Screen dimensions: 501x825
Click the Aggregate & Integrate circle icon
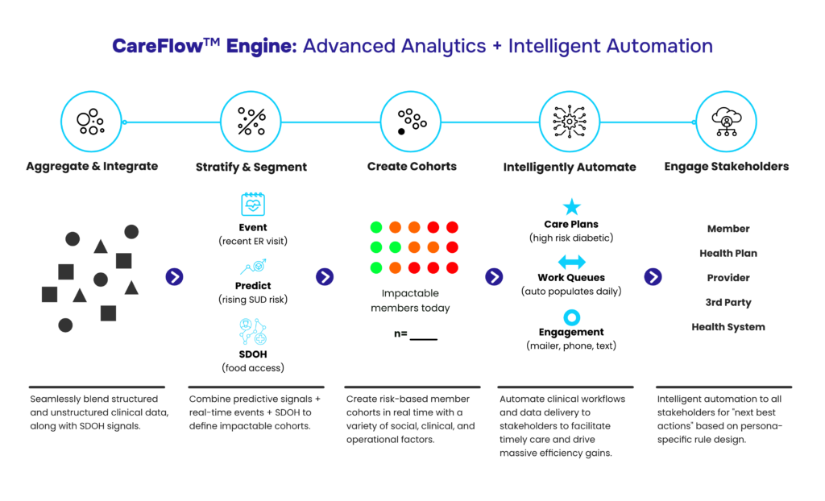click(91, 122)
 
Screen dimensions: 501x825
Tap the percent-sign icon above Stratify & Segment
click(251, 122)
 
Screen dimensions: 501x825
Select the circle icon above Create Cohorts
click(411, 122)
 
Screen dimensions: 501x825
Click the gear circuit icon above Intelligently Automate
click(570, 122)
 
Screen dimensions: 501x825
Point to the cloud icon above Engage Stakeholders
click(726, 122)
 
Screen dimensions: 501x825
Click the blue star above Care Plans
click(571, 207)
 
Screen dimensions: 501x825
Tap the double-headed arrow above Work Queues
click(571, 262)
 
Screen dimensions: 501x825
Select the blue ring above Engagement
click(571, 317)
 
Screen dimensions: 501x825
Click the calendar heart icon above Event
click(253, 205)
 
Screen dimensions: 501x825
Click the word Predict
click(253, 286)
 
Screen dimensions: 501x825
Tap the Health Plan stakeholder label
click(728, 253)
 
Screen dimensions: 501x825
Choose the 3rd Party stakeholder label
click(728, 303)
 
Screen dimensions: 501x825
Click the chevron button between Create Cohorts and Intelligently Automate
click(494, 277)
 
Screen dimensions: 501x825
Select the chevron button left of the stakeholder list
click(653, 277)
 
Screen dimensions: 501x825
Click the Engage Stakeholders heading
click(726, 167)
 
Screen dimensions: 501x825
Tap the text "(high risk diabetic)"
click(571, 238)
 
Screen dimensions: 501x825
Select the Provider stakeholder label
click(728, 278)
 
